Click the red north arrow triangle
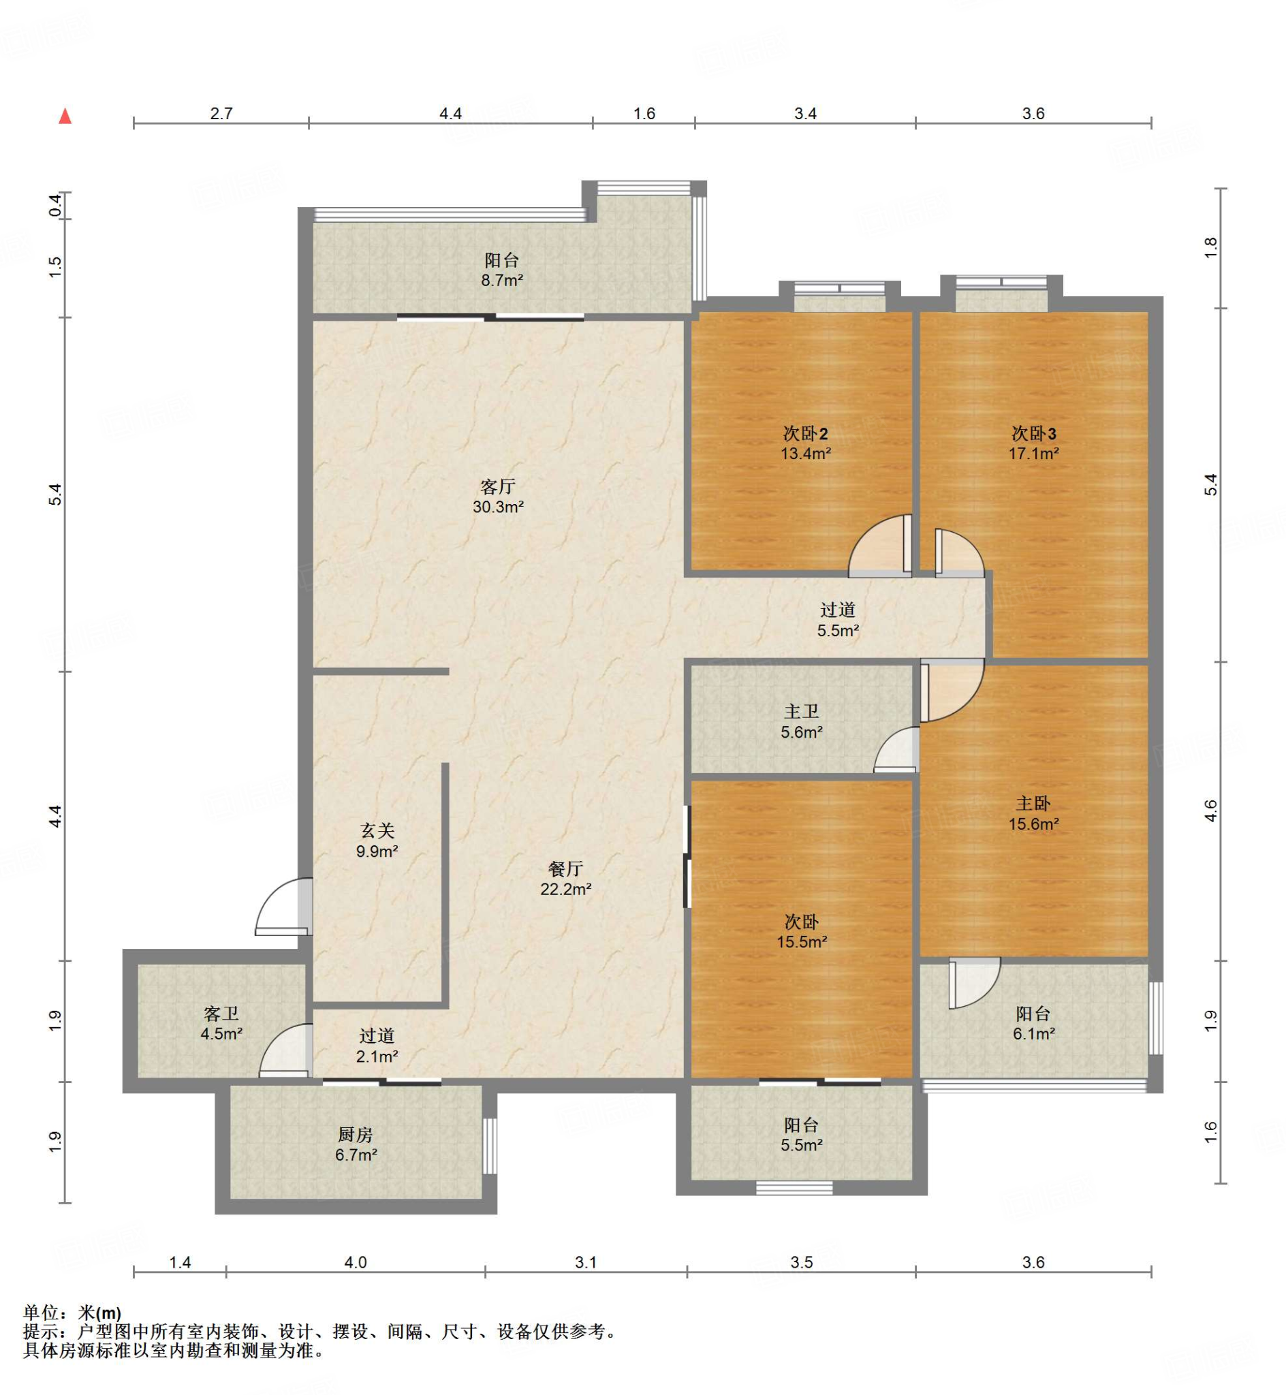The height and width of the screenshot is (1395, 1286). (x=65, y=116)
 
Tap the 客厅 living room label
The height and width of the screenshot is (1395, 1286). (x=497, y=486)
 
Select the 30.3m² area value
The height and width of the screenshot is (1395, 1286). (x=498, y=507)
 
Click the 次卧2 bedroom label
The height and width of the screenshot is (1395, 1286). (x=805, y=433)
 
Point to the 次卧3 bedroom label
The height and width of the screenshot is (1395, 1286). (x=1033, y=433)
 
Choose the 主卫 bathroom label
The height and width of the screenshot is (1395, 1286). (x=802, y=711)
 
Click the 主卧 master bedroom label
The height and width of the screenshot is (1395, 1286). (x=1033, y=804)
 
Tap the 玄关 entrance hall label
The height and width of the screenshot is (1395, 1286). (x=377, y=830)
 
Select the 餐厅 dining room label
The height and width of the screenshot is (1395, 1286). (x=566, y=868)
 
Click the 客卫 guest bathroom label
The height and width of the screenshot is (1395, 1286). (x=221, y=1014)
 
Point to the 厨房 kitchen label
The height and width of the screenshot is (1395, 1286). (x=356, y=1135)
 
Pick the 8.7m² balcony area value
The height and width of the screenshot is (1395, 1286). (x=502, y=281)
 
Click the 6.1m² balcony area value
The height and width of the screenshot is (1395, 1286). (x=1033, y=1034)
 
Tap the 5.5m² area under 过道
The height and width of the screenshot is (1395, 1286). (x=838, y=631)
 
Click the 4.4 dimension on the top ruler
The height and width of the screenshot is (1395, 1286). (x=450, y=113)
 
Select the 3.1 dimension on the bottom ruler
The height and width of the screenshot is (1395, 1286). (x=586, y=1262)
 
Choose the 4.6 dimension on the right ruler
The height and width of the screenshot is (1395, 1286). (x=1211, y=811)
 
